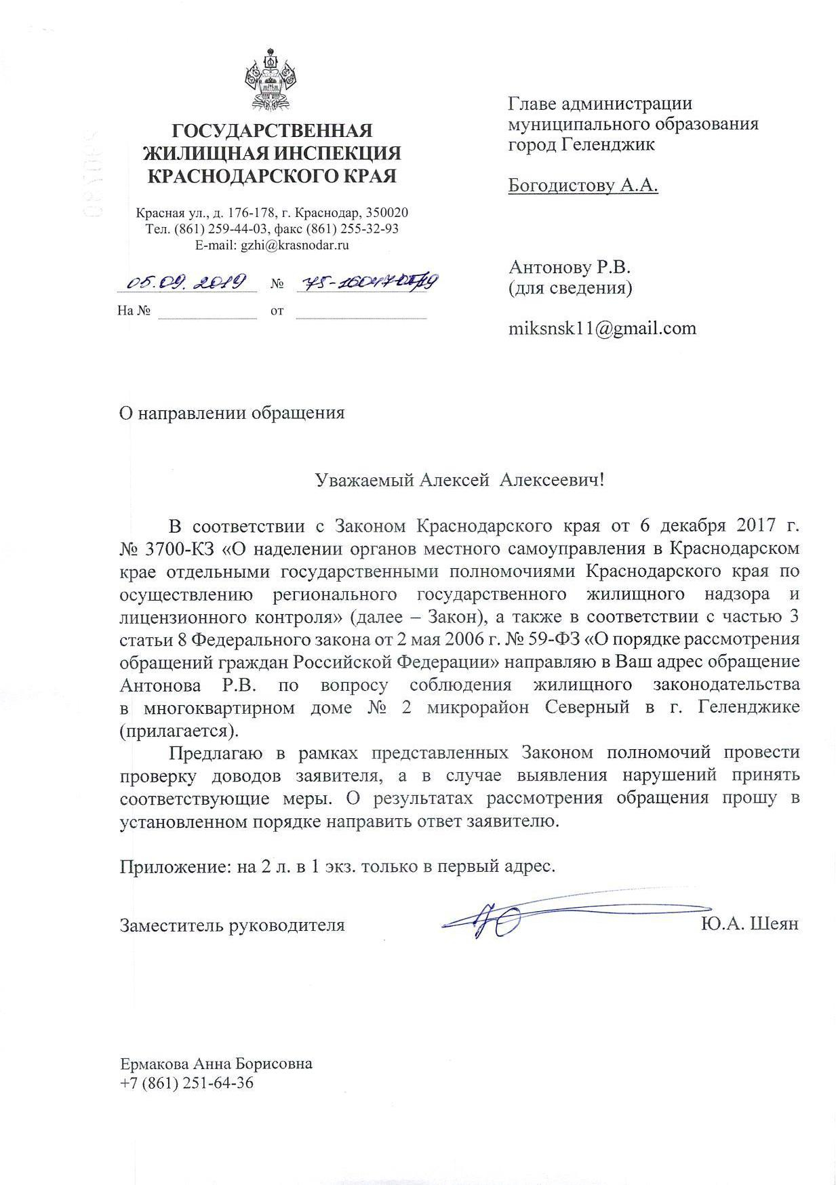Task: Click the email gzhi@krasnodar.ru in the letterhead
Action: click(x=294, y=245)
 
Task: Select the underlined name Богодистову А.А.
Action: click(x=583, y=185)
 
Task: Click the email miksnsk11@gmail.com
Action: click(x=602, y=329)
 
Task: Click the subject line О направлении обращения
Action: click(x=232, y=414)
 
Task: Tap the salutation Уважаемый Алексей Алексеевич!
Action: click(x=459, y=481)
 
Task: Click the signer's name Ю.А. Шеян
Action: click(x=751, y=924)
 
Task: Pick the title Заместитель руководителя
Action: click(x=232, y=925)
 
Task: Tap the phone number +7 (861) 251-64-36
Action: click(x=186, y=1083)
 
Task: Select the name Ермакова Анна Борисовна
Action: click(x=216, y=1064)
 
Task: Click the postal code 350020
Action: click(x=387, y=213)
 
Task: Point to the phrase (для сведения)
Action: click(x=570, y=288)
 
